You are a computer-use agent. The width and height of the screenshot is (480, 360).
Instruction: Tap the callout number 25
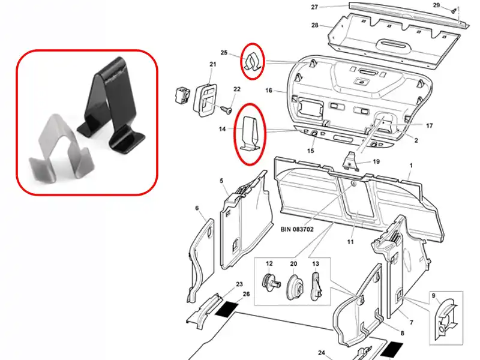point(224,53)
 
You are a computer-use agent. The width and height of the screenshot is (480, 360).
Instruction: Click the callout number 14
point(222,129)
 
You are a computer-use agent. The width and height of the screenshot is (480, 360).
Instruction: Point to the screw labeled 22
point(227,110)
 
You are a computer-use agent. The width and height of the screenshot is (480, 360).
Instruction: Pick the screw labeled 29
point(454,10)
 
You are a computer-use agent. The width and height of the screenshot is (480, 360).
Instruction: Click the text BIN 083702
point(297,229)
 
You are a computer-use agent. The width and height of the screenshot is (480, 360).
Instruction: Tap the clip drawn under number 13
point(317,286)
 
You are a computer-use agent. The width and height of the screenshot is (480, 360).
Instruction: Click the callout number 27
point(314,7)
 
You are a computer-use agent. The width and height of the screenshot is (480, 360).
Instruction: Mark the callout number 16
point(268,91)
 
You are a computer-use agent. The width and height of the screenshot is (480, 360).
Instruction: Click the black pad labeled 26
point(227,308)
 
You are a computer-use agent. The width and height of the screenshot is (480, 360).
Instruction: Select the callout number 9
point(433,296)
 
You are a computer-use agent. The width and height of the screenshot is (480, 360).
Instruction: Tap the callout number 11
point(350,242)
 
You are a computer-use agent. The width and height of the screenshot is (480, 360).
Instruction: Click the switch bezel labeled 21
point(205,100)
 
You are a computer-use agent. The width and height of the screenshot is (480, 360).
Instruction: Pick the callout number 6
point(197,208)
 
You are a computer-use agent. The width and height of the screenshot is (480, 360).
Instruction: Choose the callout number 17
point(429,125)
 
